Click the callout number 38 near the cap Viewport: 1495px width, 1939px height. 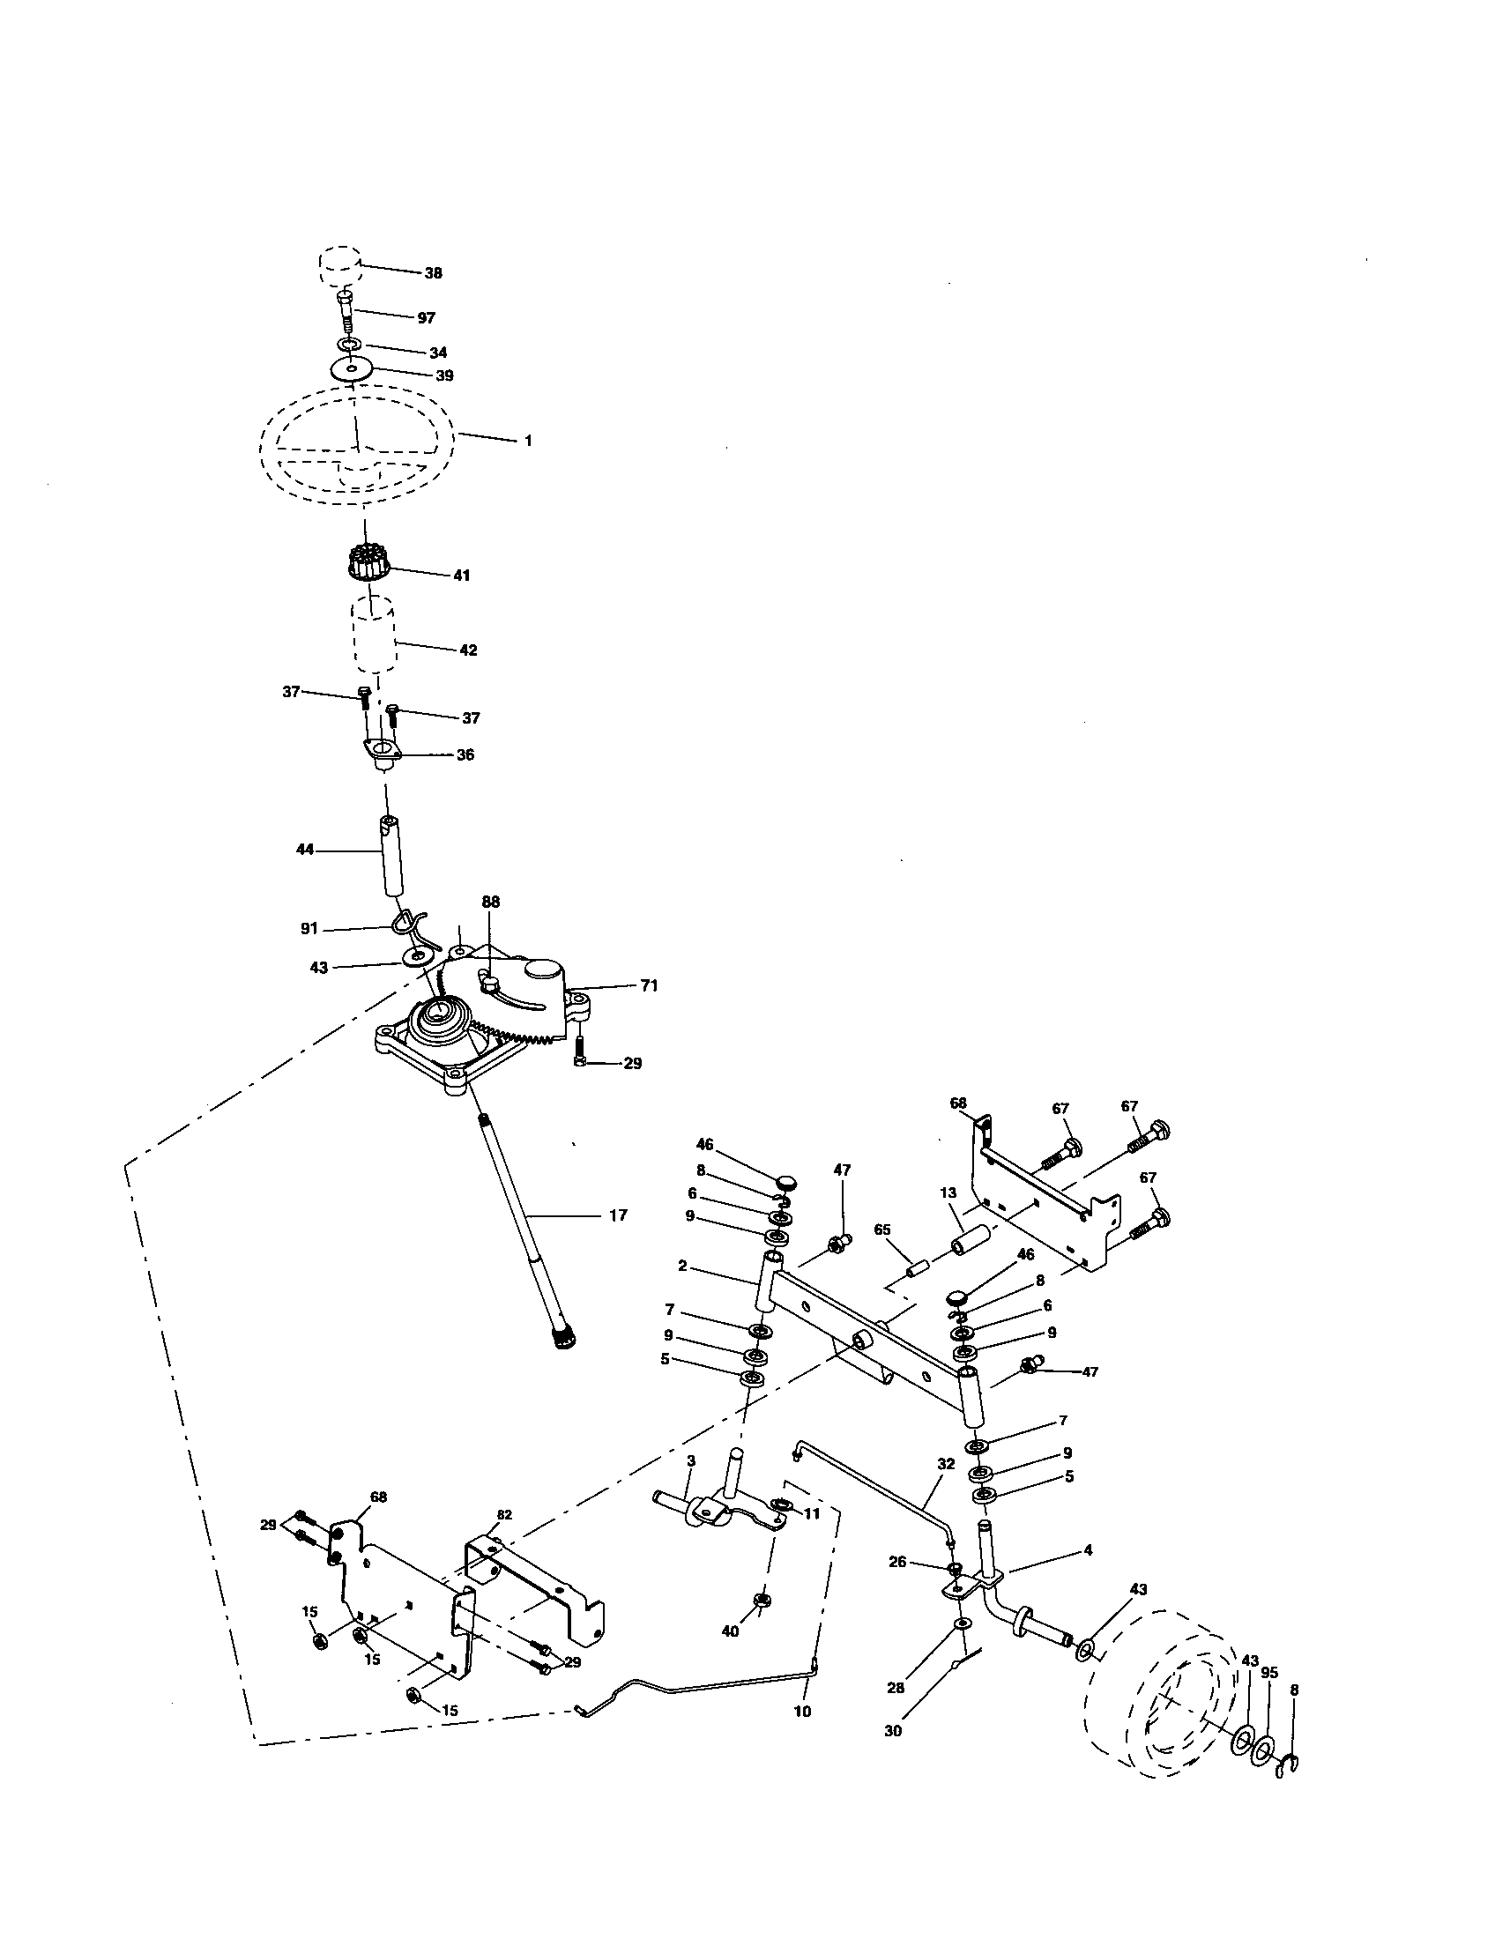(x=432, y=273)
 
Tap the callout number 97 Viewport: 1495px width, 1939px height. (x=426, y=318)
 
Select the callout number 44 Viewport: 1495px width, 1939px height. (x=304, y=850)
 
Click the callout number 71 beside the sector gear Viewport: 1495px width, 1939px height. (x=649, y=985)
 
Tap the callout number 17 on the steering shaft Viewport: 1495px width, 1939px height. (x=618, y=1215)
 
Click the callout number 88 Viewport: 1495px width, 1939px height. (x=491, y=901)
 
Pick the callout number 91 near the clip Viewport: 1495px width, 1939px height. (x=309, y=929)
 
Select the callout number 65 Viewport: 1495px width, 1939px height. (x=881, y=1230)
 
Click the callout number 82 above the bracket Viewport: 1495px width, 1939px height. (x=504, y=1514)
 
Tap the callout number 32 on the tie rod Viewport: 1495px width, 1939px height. (x=946, y=1464)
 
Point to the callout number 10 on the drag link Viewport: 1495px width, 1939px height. (x=801, y=1712)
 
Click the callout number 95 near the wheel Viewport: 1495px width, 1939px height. (x=1269, y=1673)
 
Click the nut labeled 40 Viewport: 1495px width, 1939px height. (x=761, y=1601)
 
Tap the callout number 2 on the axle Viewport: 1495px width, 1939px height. (x=681, y=1266)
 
